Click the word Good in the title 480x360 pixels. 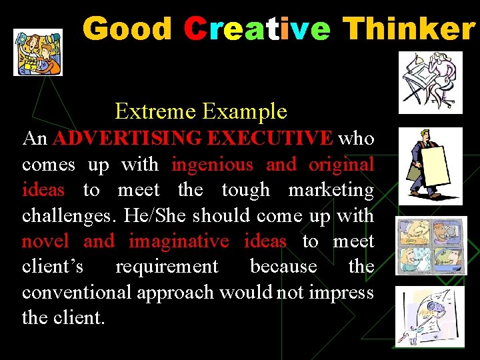(127, 29)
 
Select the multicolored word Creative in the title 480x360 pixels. (257, 29)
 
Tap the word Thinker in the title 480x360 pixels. (409, 29)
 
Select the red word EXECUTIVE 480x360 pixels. (270, 139)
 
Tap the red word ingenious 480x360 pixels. (213, 164)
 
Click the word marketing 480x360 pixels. (331, 190)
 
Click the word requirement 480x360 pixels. (167, 267)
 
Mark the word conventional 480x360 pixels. (76, 292)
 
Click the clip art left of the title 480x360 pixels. (38, 52)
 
